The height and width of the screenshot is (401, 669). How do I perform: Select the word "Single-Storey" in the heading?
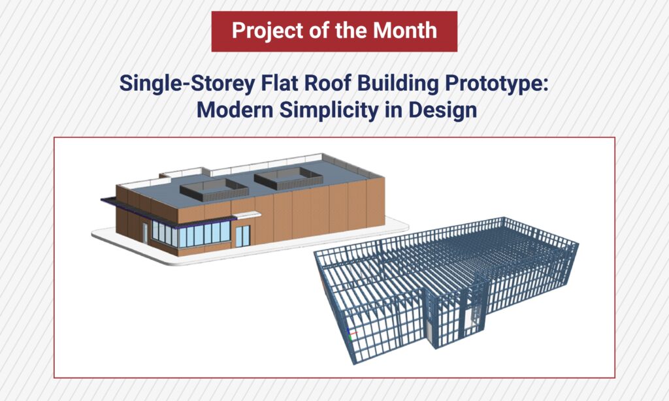point(187,84)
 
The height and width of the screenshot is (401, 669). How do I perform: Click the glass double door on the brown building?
point(243,236)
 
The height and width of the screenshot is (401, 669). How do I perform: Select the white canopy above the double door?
point(246,216)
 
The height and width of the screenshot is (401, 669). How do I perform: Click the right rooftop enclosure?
point(288,178)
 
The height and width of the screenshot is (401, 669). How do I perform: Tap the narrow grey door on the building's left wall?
point(145,233)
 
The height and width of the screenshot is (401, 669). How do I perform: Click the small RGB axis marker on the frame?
point(351,334)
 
